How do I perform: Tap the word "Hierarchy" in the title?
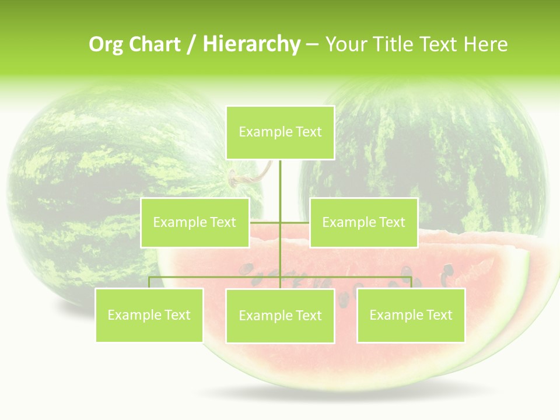pyautogui.click(x=251, y=44)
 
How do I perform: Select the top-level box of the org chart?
pyautogui.click(x=280, y=132)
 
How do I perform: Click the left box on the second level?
pyautogui.click(x=195, y=222)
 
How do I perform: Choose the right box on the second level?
pyautogui.click(x=363, y=222)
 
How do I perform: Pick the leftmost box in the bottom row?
pyautogui.click(x=149, y=315)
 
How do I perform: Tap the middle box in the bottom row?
pyautogui.click(x=280, y=316)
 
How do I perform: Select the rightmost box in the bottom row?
pyautogui.click(x=411, y=315)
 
